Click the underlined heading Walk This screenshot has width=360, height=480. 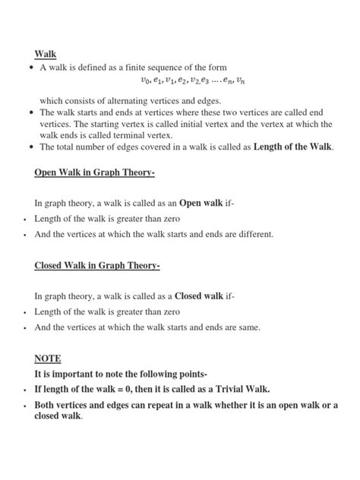[x=46, y=55]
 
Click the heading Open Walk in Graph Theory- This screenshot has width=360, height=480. [x=94, y=173]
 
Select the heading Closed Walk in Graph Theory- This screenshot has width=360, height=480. [x=97, y=266]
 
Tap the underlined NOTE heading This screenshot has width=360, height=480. [x=47, y=358]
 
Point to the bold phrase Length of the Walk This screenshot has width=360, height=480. [x=292, y=147]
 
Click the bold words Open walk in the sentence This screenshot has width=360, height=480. [x=201, y=204]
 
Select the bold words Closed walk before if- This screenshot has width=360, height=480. [x=198, y=296]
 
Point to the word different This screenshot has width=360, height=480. [x=253, y=235]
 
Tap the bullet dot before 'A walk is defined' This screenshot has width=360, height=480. [x=28, y=67]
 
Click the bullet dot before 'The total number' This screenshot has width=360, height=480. [x=28, y=147]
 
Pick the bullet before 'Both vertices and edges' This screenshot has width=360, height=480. [x=25, y=406]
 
